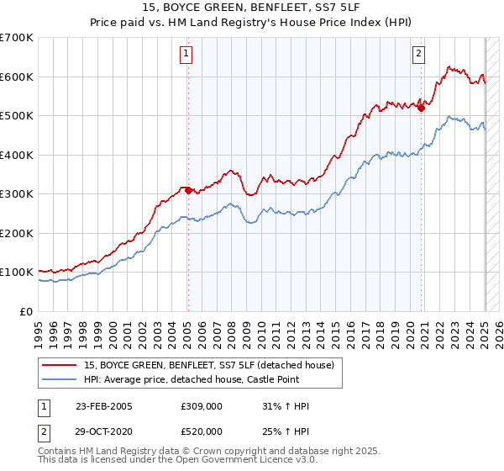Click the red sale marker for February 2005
click(187, 190)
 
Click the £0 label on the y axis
click(26, 311)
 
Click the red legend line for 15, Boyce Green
click(60, 365)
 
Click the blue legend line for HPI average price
click(60, 379)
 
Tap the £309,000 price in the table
click(200, 406)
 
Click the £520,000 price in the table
click(200, 431)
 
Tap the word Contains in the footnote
click(59, 451)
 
